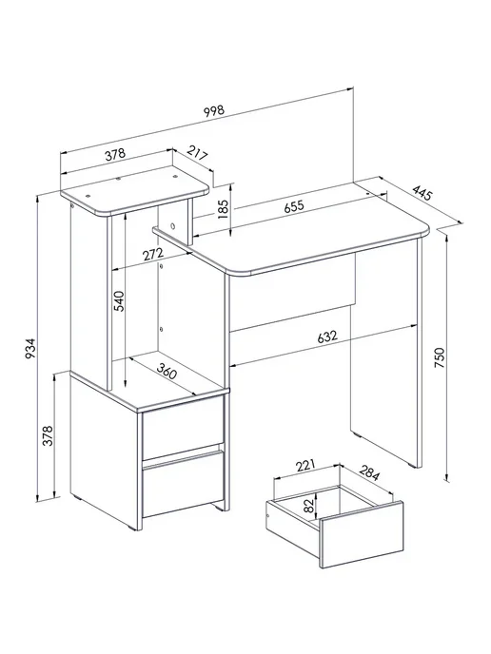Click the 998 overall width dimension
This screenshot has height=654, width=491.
tap(214, 111)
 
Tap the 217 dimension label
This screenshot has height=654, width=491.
tap(197, 153)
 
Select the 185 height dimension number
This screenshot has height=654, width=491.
tap(224, 210)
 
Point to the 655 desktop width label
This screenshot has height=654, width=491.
tap(294, 206)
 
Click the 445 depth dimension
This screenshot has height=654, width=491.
tap(422, 193)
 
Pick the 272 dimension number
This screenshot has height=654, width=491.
tap(153, 254)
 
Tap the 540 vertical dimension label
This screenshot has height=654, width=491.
tap(119, 301)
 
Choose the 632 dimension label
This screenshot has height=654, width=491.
tap(327, 337)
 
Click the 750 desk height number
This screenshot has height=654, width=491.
tap(440, 357)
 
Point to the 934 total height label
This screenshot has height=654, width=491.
tap(30, 350)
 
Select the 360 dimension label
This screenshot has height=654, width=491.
tap(167, 371)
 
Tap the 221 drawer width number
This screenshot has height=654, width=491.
tap(304, 465)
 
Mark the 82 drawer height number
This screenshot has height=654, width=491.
tap(308, 507)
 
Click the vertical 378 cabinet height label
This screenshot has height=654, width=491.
tap(48, 435)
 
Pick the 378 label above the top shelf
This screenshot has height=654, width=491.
tap(115, 154)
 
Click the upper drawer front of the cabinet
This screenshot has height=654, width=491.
tap(183, 427)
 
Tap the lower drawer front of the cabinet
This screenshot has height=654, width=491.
tap(184, 483)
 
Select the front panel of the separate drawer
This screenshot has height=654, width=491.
tap(362, 535)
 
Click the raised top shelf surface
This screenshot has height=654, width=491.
tap(134, 191)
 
